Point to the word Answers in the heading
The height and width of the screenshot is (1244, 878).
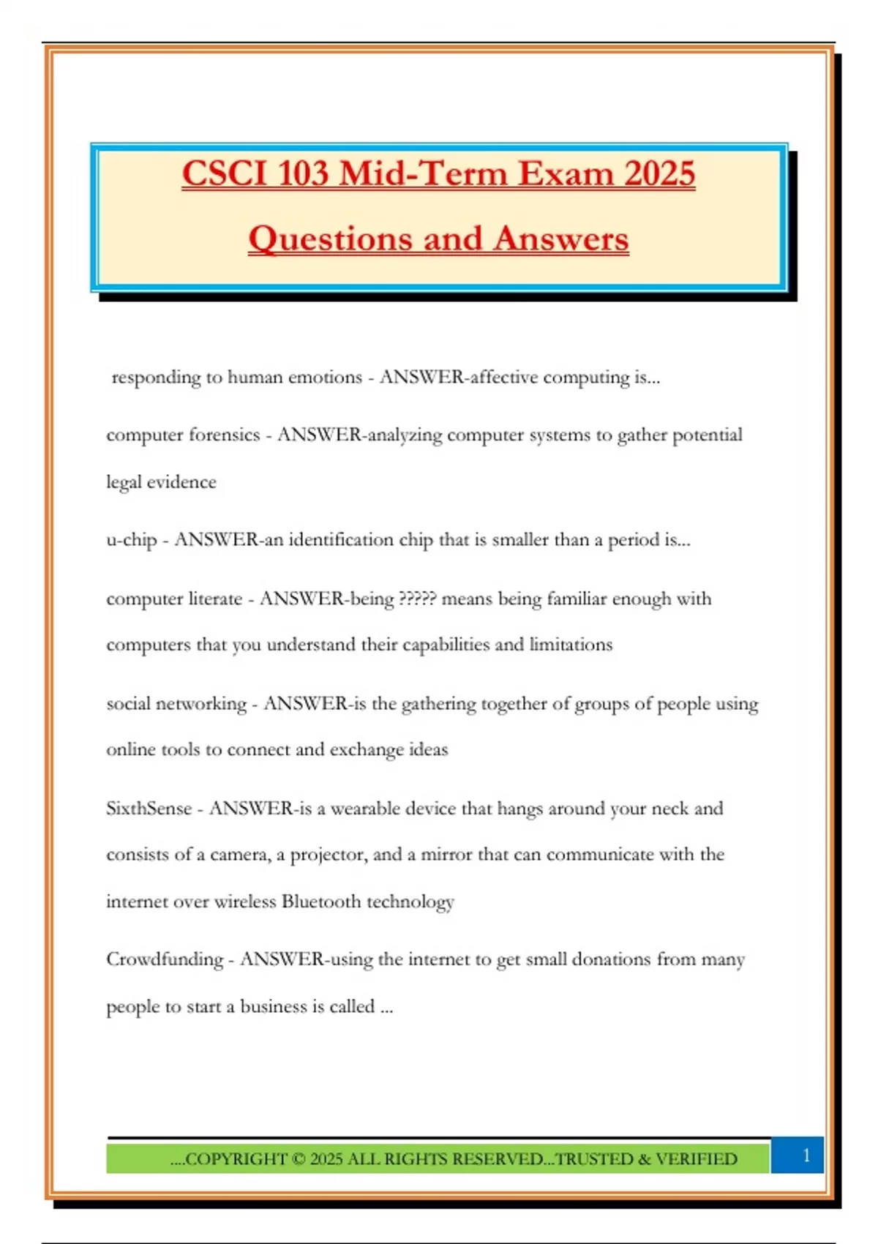pyautogui.click(x=560, y=239)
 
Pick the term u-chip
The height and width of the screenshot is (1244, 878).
pyautogui.click(x=132, y=540)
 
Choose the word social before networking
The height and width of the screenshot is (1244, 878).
pyautogui.click(x=129, y=704)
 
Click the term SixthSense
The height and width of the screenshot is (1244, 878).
pyautogui.click(x=149, y=809)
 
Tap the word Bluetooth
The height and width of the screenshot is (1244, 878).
pyautogui.click(x=320, y=902)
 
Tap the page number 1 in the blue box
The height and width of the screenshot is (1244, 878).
pyautogui.click(x=806, y=1155)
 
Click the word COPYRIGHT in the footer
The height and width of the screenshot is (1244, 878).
pyautogui.click(x=236, y=1159)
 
